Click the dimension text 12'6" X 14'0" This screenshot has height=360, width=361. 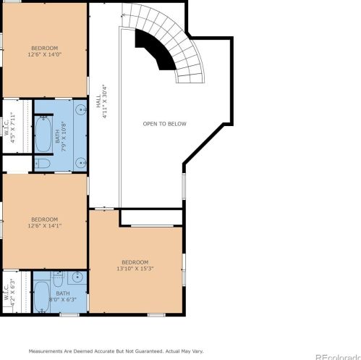(x=45, y=54)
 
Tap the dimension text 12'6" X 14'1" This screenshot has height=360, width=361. (x=45, y=226)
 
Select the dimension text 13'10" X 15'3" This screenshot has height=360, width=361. (x=135, y=269)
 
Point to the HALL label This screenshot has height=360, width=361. (x=98, y=101)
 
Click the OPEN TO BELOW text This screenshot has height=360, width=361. (x=165, y=124)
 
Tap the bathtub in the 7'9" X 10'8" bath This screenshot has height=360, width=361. (x=43, y=134)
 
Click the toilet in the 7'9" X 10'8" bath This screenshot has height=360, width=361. (x=43, y=164)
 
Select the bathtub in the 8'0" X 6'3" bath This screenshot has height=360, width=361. (x=42, y=297)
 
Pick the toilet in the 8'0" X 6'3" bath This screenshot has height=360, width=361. (x=58, y=280)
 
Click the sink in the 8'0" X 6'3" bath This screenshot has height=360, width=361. (x=78, y=277)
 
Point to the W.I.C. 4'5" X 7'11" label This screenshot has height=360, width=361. (x=9, y=127)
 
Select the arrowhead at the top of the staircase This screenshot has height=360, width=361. (x=124, y=15)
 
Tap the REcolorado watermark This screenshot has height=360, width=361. (x=338, y=357)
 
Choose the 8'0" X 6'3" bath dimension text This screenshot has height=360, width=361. (x=63, y=300)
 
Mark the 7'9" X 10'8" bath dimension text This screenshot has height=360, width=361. (x=64, y=136)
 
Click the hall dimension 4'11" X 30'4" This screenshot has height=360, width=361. (x=105, y=101)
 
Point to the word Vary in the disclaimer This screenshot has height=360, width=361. (x=198, y=351)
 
